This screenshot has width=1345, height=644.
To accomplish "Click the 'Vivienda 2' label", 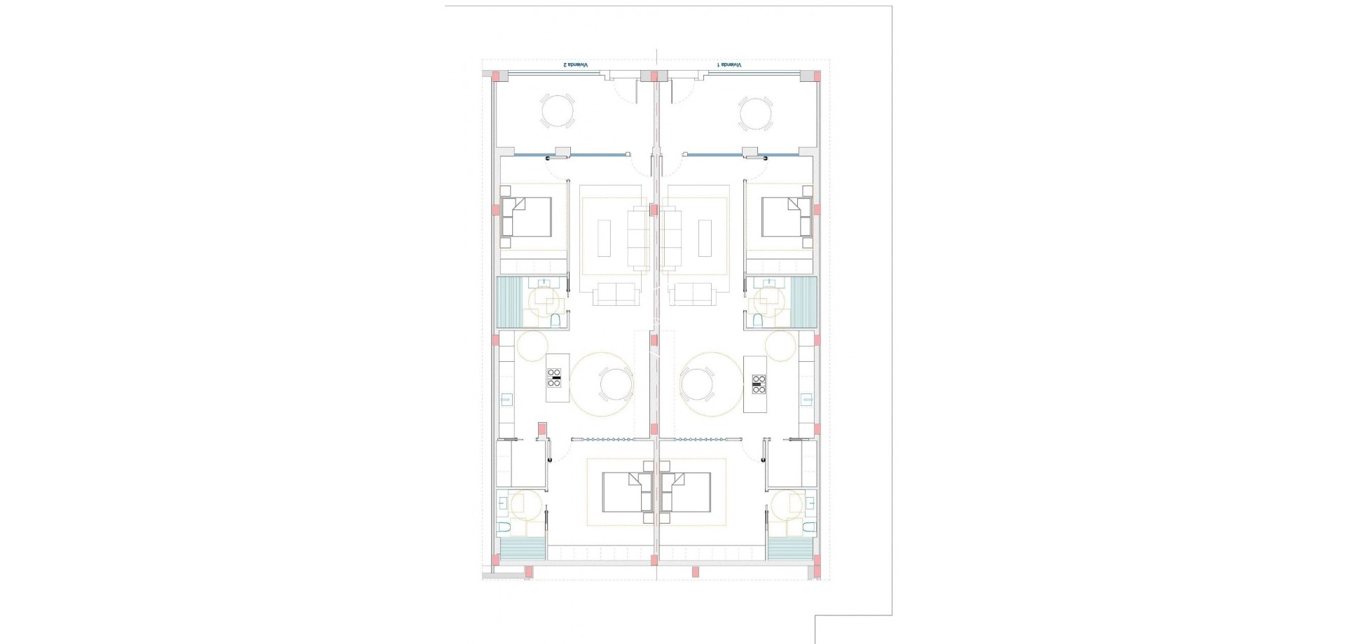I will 576,64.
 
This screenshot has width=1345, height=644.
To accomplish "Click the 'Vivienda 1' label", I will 729,64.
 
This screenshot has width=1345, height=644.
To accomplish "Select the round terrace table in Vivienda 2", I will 558,111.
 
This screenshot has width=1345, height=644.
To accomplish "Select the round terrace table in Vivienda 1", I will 756,113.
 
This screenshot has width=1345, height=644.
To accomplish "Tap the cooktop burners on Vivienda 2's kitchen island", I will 554,378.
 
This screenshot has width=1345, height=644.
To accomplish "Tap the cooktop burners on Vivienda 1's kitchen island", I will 759,384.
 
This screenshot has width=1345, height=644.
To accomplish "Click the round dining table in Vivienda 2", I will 616,384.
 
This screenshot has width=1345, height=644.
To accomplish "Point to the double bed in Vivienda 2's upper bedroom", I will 527,217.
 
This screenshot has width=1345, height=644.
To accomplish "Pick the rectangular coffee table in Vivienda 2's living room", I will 604,238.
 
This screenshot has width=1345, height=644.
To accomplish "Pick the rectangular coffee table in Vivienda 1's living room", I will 705,238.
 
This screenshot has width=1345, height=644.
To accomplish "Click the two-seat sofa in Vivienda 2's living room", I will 616,294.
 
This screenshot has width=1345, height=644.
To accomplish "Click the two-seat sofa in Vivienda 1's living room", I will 692,294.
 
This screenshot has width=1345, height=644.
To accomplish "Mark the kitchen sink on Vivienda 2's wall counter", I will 506,400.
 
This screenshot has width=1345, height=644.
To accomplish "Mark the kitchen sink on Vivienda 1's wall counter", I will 806,400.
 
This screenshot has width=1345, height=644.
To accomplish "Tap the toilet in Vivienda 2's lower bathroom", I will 504,526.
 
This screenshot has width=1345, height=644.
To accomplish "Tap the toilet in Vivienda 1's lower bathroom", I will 809,526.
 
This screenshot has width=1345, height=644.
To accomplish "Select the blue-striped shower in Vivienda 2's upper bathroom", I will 509,302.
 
